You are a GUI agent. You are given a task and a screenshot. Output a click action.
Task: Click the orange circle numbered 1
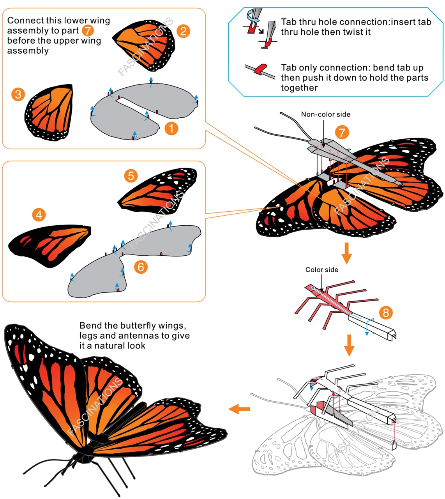point(171,128)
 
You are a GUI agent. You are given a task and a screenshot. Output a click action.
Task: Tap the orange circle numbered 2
point(183,31)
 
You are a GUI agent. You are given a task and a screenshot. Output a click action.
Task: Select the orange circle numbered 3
point(18,94)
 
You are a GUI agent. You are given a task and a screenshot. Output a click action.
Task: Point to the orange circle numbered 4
point(39,215)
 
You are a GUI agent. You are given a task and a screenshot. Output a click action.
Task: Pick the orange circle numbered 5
point(131,176)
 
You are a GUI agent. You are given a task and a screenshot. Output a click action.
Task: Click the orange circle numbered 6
point(141,267)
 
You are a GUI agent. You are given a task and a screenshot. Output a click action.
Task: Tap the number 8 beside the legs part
point(386,313)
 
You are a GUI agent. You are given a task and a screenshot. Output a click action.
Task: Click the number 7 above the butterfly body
point(342,132)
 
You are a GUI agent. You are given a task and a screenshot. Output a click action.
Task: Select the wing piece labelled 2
point(145,46)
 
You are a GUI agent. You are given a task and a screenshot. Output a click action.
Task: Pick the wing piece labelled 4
point(49,245)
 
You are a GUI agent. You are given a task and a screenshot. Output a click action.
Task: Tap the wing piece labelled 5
point(157,191)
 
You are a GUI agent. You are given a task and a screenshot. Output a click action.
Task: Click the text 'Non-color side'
point(325,114)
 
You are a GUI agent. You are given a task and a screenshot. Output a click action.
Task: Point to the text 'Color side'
point(321,270)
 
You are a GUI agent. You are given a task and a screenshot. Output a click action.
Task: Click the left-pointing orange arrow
point(239,409)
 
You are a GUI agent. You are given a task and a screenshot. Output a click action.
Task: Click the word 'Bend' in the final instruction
point(90,326)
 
